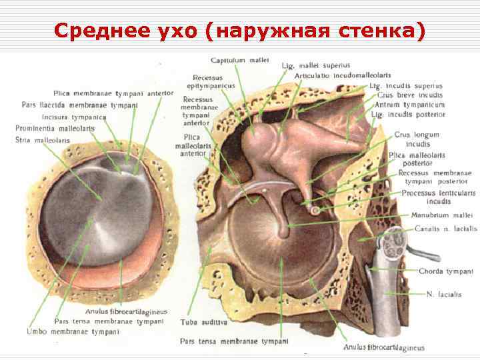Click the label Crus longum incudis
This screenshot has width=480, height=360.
coord(417,139)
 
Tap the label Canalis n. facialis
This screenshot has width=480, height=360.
coord(445,229)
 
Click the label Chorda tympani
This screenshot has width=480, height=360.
coord(445,272)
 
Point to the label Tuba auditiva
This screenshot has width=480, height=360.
coord(204,322)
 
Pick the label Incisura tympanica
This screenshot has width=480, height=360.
coord(74,117)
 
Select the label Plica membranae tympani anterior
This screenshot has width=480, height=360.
coord(113,93)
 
